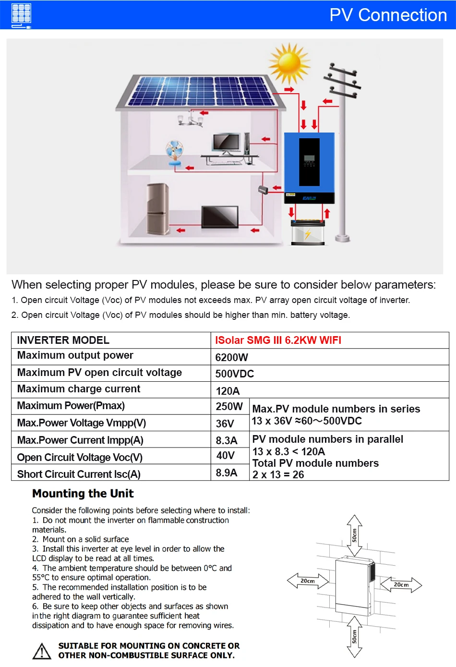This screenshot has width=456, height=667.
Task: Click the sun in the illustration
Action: point(289,63)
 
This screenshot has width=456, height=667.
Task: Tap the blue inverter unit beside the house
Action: point(309,167)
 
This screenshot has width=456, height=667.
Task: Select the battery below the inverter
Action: point(308,232)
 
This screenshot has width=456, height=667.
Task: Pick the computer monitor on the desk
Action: point(226,144)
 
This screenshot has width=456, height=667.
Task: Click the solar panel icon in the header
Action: point(22,15)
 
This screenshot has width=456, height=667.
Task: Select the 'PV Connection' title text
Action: point(388,15)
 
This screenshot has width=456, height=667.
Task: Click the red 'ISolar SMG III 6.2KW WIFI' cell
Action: point(278,340)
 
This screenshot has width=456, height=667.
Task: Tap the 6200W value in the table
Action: point(231,357)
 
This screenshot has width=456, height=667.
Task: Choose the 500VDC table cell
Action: point(234,374)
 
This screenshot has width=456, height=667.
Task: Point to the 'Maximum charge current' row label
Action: point(79,389)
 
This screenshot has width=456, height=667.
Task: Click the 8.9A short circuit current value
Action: point(227,473)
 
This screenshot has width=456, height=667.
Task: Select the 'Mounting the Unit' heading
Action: point(83,494)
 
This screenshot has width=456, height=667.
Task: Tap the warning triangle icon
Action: point(42,651)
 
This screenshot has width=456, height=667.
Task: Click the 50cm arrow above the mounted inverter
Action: point(354,535)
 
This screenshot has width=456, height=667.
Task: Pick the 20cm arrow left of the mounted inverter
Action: point(308,581)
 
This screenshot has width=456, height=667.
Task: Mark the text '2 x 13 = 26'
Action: point(278,474)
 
